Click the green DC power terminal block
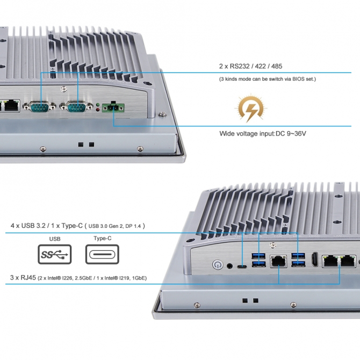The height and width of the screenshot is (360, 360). [x=113, y=107]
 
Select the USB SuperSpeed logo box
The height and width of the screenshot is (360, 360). [x=55, y=255]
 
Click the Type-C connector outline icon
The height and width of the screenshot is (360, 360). [x=102, y=255]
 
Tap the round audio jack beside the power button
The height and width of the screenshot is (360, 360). [x=231, y=265]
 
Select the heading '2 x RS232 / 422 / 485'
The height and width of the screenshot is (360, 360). [x=250, y=66]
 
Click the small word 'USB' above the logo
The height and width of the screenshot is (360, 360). [x=55, y=239]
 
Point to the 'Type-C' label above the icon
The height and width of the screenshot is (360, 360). [x=102, y=239]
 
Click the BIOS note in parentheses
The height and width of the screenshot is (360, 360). [x=268, y=79]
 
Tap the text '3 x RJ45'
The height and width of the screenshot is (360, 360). [x=21, y=278]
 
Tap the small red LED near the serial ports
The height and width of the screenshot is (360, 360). [x=97, y=109]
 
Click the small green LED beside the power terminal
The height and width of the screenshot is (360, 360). [x=97, y=104]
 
